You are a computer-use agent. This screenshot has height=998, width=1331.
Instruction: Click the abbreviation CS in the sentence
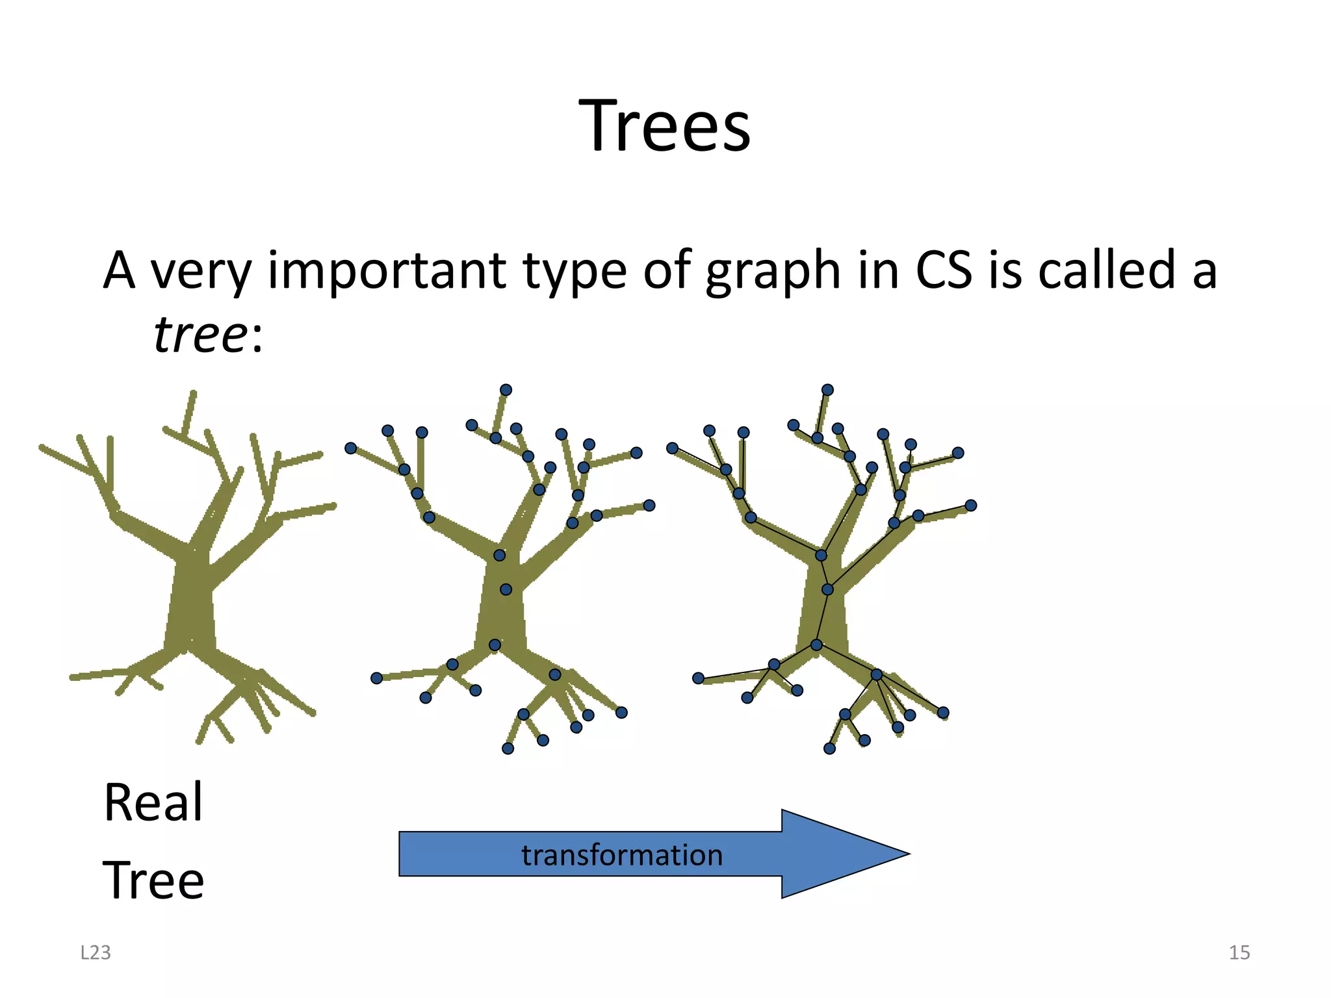[943, 270]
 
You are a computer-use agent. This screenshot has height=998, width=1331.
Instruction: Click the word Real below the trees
[153, 802]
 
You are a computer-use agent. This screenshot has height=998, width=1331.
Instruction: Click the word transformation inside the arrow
[622, 855]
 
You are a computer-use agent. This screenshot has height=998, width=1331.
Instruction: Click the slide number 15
[1239, 953]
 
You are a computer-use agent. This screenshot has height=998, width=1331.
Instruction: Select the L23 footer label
[96, 953]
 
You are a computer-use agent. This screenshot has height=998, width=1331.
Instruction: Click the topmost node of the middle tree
[506, 390]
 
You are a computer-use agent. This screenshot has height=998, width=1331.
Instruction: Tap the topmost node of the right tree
[827, 390]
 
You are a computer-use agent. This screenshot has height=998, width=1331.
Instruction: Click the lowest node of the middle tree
[508, 748]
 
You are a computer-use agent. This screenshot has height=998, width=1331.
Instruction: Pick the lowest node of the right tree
[829, 748]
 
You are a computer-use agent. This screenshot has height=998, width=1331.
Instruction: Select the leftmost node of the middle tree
[351, 448]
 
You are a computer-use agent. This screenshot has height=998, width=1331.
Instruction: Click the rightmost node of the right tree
[970, 505]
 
